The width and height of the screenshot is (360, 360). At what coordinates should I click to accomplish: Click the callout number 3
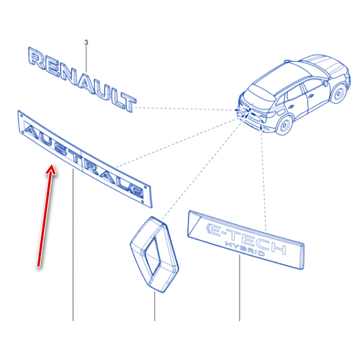coord(86,42)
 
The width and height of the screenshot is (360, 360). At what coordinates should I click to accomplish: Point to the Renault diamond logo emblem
coord(154,255)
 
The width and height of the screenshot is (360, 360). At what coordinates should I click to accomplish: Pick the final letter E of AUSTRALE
coord(135,190)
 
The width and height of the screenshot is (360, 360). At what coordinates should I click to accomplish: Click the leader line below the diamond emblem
coord(154,306)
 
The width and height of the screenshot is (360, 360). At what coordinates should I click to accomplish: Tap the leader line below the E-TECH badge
coord(239,288)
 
